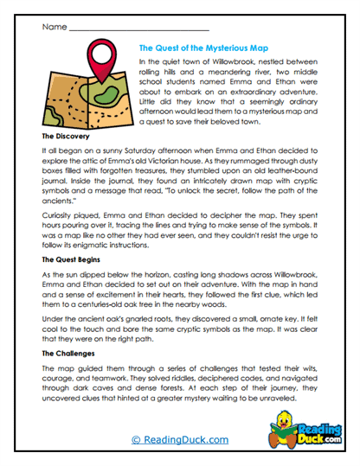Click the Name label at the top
point(54,27)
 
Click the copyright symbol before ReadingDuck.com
point(135,439)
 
